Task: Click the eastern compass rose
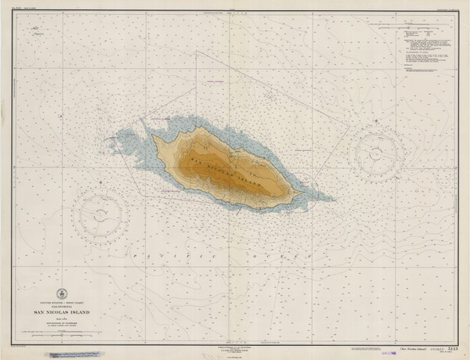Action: point(379,154)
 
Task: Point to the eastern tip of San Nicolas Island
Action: point(303,192)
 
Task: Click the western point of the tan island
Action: point(154,139)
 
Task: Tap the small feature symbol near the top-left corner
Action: point(35,31)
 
